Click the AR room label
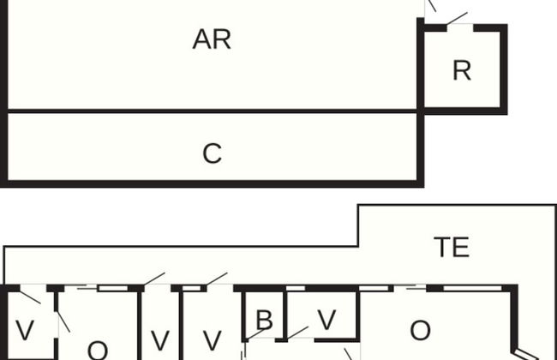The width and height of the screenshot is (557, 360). click(x=212, y=39)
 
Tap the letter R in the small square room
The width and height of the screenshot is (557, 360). click(x=462, y=70)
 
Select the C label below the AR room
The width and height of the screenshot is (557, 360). click(x=212, y=153)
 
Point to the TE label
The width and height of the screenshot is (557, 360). click(x=451, y=248)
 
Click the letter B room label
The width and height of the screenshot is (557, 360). click(x=264, y=321)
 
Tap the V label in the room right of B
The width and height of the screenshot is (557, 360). click(x=326, y=320)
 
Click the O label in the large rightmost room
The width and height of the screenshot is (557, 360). click(x=420, y=330)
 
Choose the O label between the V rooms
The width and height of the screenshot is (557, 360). click(x=97, y=350)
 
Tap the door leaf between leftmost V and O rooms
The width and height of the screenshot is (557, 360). click(x=63, y=321)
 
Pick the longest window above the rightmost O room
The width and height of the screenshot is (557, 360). click(x=476, y=288)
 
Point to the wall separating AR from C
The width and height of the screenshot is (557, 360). click(x=212, y=111)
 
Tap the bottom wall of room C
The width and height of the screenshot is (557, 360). click(x=212, y=183)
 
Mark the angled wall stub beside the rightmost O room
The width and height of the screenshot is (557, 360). click(x=525, y=351)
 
